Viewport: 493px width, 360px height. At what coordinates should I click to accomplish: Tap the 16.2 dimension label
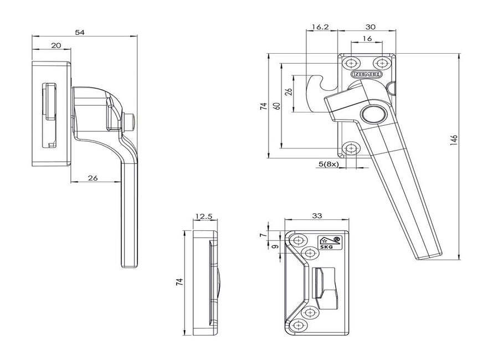(x=321, y=26)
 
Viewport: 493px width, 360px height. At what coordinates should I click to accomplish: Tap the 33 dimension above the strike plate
(x=317, y=217)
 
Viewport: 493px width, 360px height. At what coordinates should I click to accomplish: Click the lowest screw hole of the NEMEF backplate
(x=351, y=148)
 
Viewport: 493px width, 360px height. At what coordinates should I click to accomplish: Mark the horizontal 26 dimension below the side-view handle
(x=93, y=178)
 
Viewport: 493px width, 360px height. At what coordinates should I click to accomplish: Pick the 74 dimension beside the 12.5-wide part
(x=179, y=281)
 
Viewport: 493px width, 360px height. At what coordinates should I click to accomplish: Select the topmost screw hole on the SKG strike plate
(x=299, y=240)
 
